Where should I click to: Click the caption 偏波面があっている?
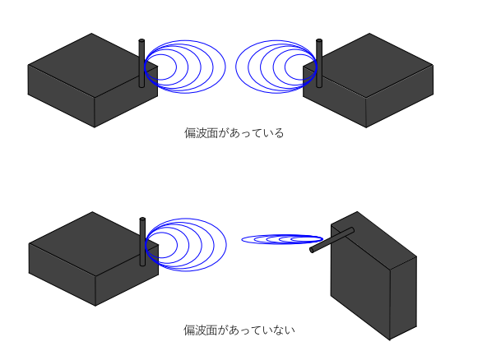point(234,133)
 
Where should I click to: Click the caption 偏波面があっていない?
point(239,330)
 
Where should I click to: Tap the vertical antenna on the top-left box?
point(141,63)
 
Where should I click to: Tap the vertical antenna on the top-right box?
point(319,63)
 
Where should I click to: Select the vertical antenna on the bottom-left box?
point(142,242)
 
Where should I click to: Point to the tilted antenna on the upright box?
point(332,240)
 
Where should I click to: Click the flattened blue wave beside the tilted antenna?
point(282,239)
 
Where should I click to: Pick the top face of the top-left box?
point(93,65)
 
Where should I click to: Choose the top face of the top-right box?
point(368,65)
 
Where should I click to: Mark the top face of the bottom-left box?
point(94,244)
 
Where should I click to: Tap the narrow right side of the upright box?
point(403,298)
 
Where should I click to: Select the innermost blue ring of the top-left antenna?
point(160,67)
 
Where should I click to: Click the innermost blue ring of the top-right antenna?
point(300,67)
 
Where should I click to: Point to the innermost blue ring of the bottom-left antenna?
point(161,245)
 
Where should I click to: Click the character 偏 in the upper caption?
point(190,133)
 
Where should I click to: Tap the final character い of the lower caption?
point(290,330)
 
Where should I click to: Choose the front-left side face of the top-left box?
point(61,96)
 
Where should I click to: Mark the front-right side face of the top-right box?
point(400,96)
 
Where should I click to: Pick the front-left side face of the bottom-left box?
point(63,275)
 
